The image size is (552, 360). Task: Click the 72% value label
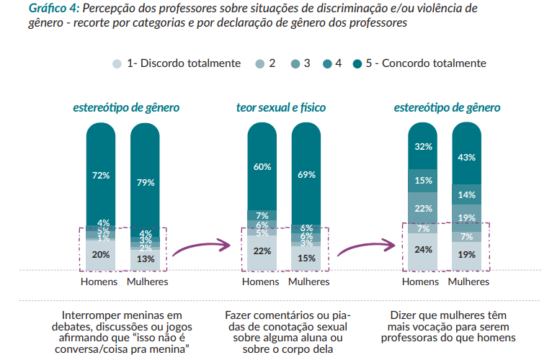[x=101, y=175]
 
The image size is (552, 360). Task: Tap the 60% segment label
[x=262, y=166]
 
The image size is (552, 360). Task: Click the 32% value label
[x=424, y=147]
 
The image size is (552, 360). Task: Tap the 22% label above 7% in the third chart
[x=424, y=208]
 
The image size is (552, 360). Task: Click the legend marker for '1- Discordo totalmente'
[x=117, y=63]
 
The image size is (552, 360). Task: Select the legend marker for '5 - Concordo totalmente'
[x=357, y=63]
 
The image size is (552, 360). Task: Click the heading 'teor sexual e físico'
[x=281, y=108]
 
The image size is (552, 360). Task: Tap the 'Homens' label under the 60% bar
[x=260, y=282]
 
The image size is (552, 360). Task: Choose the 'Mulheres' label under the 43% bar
[x=468, y=282]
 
